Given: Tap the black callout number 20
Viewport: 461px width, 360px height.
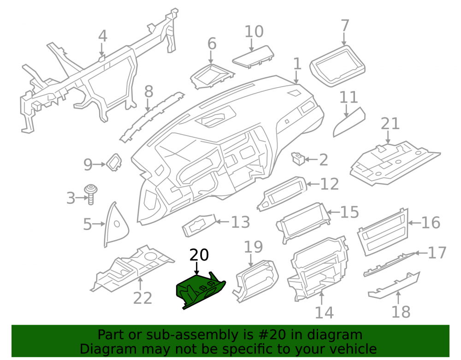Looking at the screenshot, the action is [x=199, y=255].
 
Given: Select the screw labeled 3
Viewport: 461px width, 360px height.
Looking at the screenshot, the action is [x=91, y=194].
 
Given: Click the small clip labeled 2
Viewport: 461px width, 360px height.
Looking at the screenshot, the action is [x=298, y=159].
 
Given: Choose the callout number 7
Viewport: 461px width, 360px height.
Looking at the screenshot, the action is [x=345, y=26].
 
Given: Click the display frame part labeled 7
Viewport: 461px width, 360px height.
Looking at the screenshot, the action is [x=337, y=66].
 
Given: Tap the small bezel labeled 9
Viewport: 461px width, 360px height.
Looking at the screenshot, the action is [x=114, y=162].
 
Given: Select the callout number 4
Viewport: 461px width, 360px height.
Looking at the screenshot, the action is [x=102, y=36].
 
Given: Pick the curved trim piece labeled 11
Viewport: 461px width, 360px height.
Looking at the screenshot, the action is [x=349, y=122].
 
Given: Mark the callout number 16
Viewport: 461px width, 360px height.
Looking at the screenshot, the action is [x=431, y=223].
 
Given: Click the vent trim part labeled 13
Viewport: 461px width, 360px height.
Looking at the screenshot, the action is [x=200, y=225].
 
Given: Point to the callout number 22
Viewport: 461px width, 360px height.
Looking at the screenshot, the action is [x=142, y=298].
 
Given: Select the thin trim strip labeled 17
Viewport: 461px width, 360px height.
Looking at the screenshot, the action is [x=389, y=265].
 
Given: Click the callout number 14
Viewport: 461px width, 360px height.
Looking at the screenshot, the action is [x=324, y=313].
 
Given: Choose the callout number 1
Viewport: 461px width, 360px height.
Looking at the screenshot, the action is [x=297, y=64].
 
